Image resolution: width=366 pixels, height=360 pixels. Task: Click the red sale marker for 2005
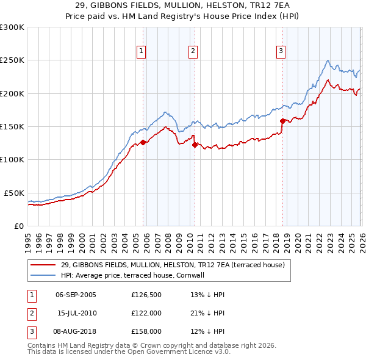(143, 142)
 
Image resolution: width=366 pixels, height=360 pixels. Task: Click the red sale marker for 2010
(195, 145)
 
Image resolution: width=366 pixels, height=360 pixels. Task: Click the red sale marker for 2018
(282, 121)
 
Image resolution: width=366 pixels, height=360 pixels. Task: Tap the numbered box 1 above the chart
(141, 52)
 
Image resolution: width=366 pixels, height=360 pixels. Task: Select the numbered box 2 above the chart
(193, 52)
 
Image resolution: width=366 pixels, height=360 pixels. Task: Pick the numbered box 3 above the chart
(281, 52)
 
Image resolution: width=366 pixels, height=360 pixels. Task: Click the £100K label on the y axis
(12, 159)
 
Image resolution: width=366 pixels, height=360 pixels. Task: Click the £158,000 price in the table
(146, 331)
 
